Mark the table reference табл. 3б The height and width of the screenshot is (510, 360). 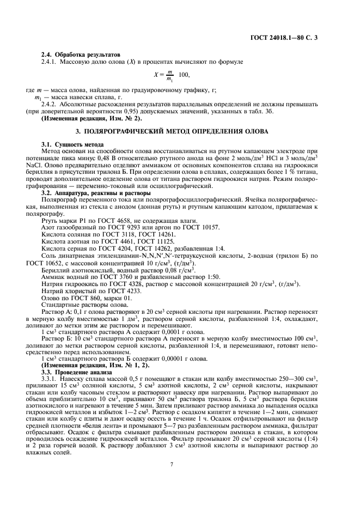pyautogui.click(x=266, y=111)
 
